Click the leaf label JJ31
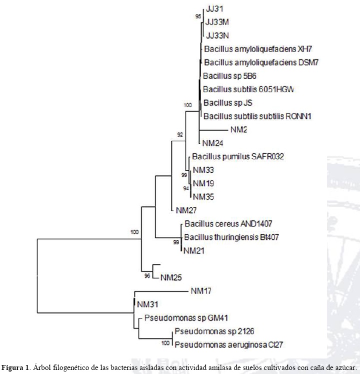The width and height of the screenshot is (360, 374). coord(213,9)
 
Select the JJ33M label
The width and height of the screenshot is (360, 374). coord(216,22)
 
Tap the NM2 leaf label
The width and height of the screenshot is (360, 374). coord(239,130)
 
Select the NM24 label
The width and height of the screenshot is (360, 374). coord(212,143)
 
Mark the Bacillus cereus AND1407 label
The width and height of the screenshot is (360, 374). coord(228,224)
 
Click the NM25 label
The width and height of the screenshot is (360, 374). coord(170,277)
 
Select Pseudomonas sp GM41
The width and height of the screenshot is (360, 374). coord(179,317)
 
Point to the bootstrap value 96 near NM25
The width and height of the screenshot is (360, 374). coord(147,276)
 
